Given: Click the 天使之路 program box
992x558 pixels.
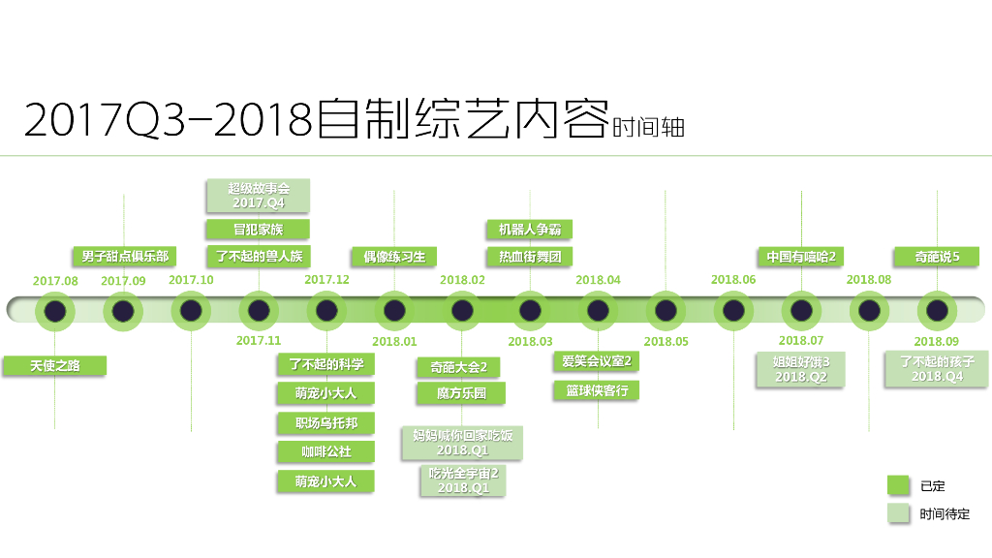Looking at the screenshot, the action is coord(54,365).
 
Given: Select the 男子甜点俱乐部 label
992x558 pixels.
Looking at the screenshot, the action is coord(124,256).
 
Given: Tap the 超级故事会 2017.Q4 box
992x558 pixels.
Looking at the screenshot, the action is coord(259,196).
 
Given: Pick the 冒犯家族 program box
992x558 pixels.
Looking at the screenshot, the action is coord(259,230).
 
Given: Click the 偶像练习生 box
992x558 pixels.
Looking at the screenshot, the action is coord(394,257).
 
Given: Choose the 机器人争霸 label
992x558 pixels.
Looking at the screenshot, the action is coord(529,230).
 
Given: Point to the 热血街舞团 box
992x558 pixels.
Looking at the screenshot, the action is coord(529,257).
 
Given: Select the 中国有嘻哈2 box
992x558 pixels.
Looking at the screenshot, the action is coord(801,257).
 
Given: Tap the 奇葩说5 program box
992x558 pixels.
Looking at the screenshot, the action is coord(937,257).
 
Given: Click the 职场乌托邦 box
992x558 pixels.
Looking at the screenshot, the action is coord(325,423).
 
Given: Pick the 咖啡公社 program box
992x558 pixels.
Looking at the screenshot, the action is coord(325,451).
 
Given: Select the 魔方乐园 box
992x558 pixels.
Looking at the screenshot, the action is coord(462,394).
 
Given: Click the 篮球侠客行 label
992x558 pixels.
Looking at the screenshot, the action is coord(597,390).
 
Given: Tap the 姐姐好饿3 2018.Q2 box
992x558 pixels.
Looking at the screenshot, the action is coord(801,369).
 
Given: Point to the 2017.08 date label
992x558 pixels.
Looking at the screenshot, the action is coord(55,280).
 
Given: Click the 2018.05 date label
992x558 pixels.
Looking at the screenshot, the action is coord(666,341).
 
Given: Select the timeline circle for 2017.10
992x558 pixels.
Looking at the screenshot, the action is coord(191,311).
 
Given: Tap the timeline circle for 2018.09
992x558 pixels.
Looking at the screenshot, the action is coord(937,311).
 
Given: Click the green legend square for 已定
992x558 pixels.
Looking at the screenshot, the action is coord(899,485).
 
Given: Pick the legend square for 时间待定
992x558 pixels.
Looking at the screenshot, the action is coord(899,513).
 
